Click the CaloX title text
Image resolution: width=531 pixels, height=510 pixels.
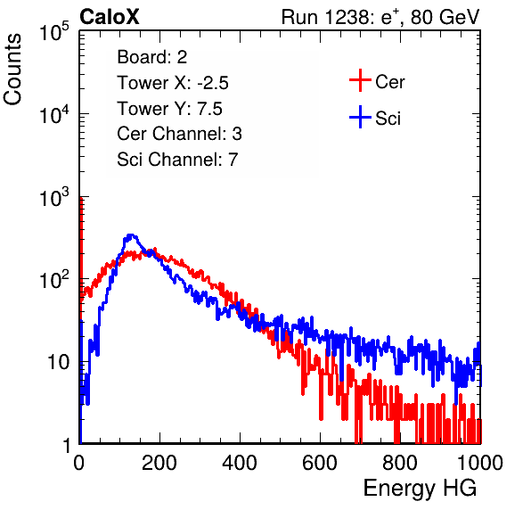(x=110, y=17)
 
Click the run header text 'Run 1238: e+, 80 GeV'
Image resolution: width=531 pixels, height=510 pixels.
(x=380, y=17)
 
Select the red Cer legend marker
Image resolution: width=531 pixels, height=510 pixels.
(x=360, y=80)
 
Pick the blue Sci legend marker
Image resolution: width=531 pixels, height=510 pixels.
(x=360, y=117)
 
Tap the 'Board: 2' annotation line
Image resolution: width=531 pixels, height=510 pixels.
(x=152, y=57)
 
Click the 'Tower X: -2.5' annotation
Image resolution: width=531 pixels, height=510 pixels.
(x=173, y=83)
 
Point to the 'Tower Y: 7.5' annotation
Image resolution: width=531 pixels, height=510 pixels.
(x=169, y=109)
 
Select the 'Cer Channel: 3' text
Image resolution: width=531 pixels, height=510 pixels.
(x=179, y=134)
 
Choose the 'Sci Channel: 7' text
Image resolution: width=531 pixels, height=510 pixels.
(x=177, y=160)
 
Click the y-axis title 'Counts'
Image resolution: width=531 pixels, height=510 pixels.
(x=12, y=70)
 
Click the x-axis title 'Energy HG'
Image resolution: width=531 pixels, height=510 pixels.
(x=420, y=489)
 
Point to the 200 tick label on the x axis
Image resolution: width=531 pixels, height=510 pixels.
(x=159, y=463)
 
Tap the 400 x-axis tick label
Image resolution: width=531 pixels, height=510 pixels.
(x=240, y=463)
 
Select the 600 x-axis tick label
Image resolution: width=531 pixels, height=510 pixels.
(x=320, y=463)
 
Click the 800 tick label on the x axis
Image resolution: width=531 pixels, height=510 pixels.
(x=400, y=463)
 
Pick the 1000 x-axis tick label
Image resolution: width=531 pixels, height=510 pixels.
(x=480, y=463)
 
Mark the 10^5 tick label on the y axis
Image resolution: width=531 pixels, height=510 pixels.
(x=54, y=31)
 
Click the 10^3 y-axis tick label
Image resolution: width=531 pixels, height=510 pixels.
(x=54, y=197)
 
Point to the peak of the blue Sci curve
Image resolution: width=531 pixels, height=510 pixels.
(x=131, y=234)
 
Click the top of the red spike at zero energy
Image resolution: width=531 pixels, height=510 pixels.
(x=81, y=198)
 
